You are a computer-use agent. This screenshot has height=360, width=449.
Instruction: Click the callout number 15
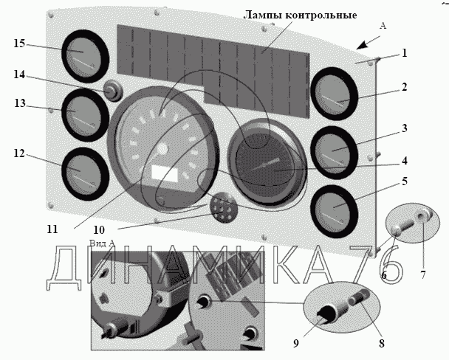pos(20,44)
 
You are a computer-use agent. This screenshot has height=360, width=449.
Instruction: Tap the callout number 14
pos(19,75)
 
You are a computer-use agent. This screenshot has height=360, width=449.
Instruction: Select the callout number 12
pos(19,153)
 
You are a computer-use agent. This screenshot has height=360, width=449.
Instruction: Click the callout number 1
pos(404,53)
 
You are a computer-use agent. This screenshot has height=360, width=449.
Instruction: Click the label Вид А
pos(101,243)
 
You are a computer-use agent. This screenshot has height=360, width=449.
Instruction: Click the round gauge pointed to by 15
pos(86,53)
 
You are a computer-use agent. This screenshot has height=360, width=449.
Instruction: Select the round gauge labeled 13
pos(82,113)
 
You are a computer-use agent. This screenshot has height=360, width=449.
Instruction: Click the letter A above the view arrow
pos(383,25)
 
